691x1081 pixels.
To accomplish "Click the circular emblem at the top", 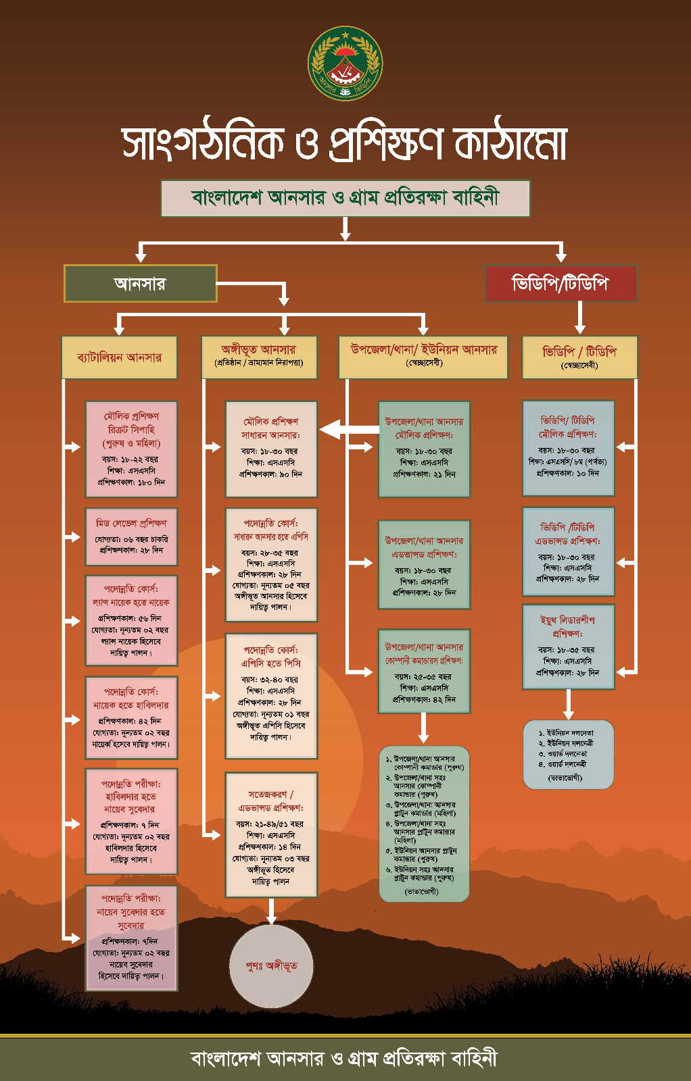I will [345, 64].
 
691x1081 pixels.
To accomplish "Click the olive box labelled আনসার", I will [140, 284].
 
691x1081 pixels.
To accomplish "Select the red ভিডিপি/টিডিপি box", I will [561, 283].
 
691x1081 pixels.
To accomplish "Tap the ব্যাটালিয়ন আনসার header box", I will [119, 357].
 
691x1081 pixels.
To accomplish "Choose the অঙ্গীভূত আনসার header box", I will [259, 356].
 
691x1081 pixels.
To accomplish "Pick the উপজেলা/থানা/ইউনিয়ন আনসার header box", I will [423, 356].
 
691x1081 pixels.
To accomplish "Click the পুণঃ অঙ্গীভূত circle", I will [272, 965].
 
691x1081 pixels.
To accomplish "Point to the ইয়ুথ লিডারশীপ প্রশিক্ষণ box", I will [568, 647].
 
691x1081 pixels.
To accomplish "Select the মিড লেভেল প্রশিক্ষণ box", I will [131, 536].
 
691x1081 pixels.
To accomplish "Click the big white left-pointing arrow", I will [348, 429].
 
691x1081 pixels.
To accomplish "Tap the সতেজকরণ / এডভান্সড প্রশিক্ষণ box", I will [271, 834].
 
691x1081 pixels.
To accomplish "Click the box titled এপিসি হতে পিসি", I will [271, 696].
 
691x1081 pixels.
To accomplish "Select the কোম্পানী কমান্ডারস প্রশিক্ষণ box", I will [424, 671].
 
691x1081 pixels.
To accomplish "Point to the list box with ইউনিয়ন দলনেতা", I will [568, 754].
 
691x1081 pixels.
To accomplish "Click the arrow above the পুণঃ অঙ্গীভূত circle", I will [271, 911].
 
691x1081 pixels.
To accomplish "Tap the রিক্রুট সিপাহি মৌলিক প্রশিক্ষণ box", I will [131, 449].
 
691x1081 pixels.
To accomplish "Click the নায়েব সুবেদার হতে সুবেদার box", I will [131, 938].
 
